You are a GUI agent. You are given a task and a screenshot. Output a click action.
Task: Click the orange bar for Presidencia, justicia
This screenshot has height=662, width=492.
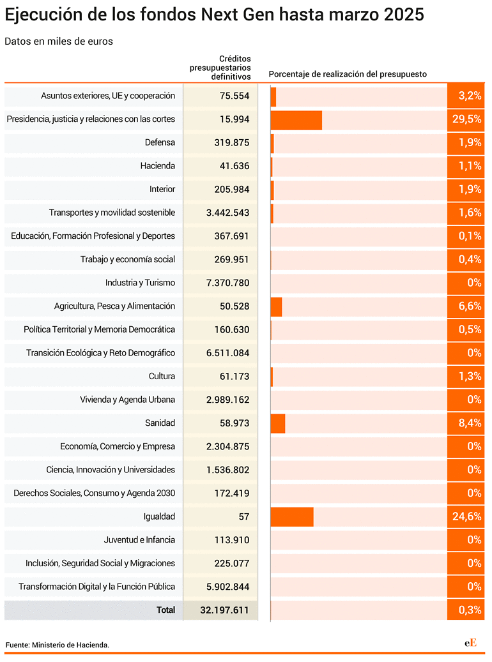(x=296, y=120)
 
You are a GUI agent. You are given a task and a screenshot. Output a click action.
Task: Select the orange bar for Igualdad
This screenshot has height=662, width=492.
(x=292, y=516)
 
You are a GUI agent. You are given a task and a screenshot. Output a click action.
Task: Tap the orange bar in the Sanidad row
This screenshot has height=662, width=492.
(x=278, y=423)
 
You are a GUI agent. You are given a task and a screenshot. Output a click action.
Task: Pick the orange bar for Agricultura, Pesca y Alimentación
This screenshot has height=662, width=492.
(x=277, y=307)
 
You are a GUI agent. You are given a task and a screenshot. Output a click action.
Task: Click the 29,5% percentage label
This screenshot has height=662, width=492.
(x=466, y=119)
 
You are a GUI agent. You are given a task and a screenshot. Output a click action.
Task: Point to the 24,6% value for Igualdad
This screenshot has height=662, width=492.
(x=466, y=516)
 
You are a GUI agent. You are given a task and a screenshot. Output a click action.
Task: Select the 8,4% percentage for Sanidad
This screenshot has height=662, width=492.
(x=470, y=423)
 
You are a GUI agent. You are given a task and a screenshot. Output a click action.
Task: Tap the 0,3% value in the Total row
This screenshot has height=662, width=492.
(x=470, y=610)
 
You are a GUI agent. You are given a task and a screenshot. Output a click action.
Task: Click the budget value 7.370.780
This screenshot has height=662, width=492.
(x=228, y=283)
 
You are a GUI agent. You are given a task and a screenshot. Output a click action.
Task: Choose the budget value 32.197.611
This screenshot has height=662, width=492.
(x=224, y=610)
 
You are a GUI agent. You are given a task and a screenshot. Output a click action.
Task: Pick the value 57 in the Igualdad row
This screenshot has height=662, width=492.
(x=244, y=516)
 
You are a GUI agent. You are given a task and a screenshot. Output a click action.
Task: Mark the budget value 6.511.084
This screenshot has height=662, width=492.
(x=228, y=353)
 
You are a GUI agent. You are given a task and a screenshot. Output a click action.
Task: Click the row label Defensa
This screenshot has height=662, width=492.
(x=160, y=142)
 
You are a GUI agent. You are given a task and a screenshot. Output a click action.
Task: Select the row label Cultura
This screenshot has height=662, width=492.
(x=162, y=376)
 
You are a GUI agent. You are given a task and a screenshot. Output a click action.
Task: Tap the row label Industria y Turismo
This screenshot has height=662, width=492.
(x=140, y=283)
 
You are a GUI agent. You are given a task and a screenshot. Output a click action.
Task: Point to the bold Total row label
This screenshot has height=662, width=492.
(x=165, y=610)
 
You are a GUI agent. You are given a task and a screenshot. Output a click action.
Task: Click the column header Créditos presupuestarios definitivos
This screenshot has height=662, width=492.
(x=220, y=68)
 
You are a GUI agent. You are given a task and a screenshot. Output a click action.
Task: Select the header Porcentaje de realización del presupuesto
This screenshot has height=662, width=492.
(x=348, y=74)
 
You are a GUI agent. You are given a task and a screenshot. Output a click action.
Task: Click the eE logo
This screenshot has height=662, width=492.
(x=470, y=643)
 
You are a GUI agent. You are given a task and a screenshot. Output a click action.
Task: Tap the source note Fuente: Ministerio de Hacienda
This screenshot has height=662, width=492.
(x=58, y=645)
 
